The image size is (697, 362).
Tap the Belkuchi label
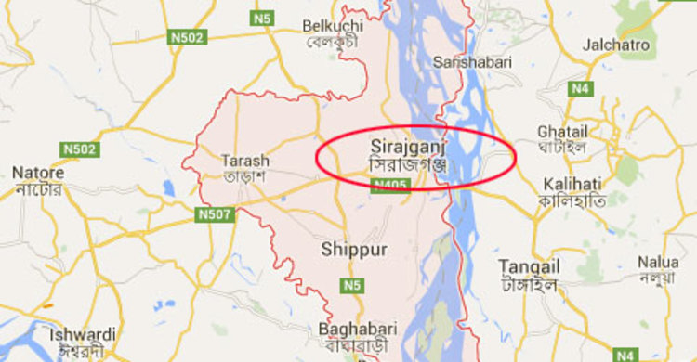point(332,25)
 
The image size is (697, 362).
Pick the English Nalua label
point(658,262)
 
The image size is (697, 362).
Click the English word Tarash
point(245,159)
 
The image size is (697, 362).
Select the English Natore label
point(38,173)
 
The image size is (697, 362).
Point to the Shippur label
point(353,249)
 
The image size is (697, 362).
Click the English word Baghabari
point(358,329)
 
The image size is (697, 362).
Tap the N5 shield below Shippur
point(350,285)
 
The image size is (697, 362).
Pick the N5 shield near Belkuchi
point(263,18)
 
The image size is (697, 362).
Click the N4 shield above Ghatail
point(582,88)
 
